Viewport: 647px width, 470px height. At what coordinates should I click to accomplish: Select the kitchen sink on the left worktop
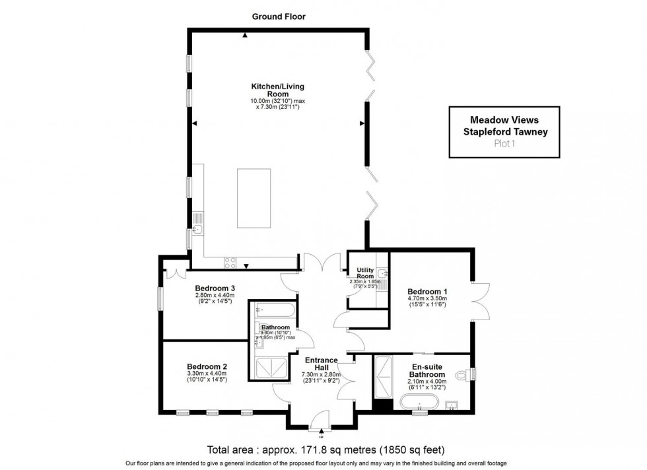pos(197,230)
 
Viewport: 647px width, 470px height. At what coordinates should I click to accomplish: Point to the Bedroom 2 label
pos(207,367)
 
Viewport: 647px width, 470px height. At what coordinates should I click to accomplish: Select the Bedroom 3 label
pos(215,288)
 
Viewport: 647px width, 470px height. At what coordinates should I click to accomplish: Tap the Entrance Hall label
pos(321,364)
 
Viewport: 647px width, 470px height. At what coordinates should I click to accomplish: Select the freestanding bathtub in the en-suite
pos(417,401)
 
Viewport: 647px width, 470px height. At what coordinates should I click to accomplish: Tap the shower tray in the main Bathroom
pos(269,368)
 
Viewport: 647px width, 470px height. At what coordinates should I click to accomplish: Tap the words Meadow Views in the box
pos(504,120)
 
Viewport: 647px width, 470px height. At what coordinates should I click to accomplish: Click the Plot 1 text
pos(504,143)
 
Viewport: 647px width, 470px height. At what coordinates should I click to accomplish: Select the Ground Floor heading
pos(278,16)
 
